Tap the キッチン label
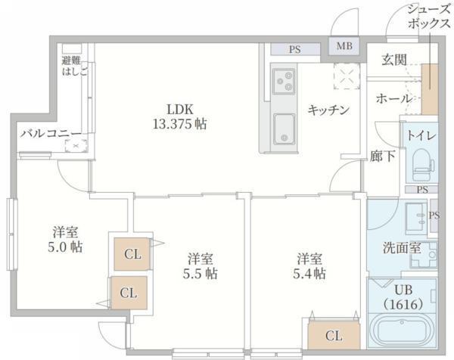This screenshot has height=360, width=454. coord(328,110)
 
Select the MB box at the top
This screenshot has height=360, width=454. coord(344,46)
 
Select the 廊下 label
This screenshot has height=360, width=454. coord(383,157)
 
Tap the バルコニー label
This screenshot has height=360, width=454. coord(50,133)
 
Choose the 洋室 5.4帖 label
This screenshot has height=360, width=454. coord(311,265)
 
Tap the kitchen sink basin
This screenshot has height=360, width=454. coord(285,126)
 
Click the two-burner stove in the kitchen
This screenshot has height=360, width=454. coord(285,79)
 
